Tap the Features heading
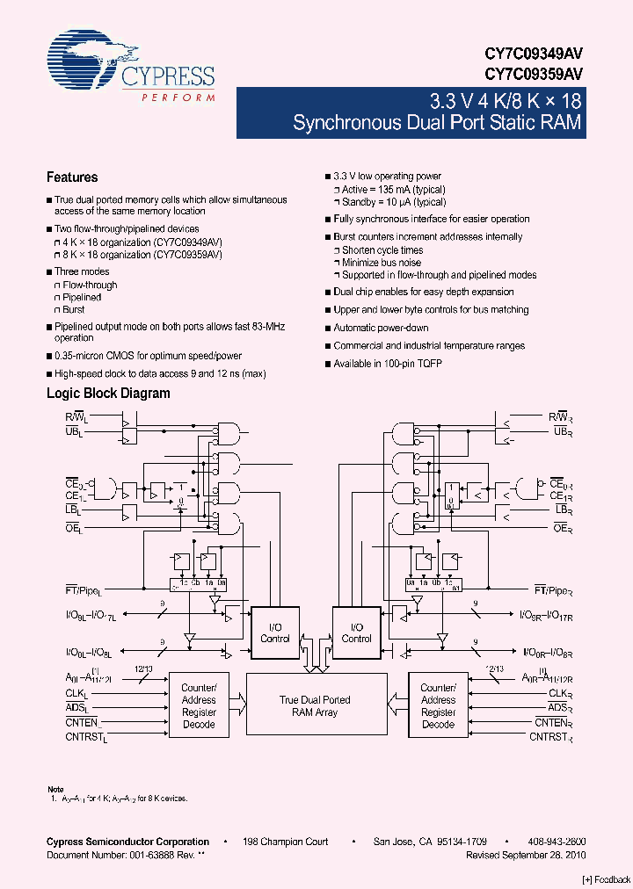(72, 177)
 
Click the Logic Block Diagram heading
(108, 394)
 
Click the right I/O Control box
(356, 632)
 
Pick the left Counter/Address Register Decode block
(199, 706)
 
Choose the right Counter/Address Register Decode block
(438, 706)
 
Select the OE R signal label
(563, 527)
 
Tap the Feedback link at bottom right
(606, 879)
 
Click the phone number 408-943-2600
(557, 842)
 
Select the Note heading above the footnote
(55, 790)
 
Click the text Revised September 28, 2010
(526, 855)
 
